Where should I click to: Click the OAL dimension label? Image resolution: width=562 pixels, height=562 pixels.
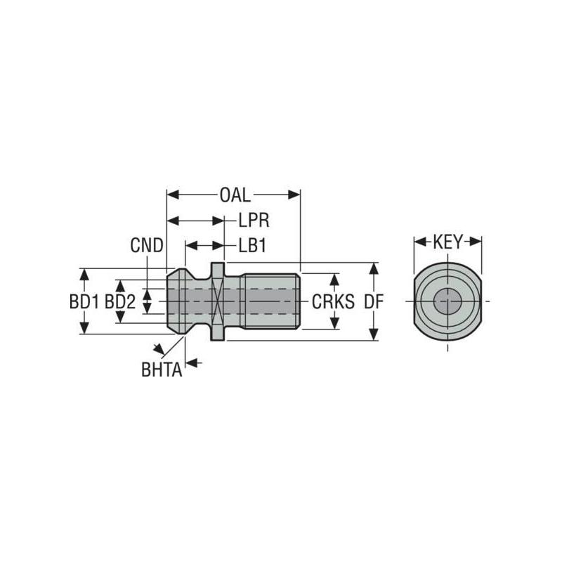[235, 195]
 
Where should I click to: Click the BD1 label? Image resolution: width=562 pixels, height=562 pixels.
[84, 302]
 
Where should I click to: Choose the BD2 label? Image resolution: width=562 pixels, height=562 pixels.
[120, 302]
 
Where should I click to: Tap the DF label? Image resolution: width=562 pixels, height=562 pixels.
[374, 302]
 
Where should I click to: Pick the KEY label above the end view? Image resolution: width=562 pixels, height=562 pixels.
[447, 242]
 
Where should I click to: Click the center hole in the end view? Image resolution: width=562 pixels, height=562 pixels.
[447, 303]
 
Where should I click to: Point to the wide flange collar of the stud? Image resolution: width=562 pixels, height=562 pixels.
[218, 302]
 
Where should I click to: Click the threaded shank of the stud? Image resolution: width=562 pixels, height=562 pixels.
[270, 302]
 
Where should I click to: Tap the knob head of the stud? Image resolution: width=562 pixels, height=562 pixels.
[184, 302]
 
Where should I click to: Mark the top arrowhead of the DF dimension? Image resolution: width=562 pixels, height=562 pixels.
[374, 268]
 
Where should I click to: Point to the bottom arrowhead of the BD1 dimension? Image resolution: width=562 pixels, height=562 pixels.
[84, 329]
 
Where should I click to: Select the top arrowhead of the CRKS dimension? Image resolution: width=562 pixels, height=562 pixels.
[334, 278]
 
